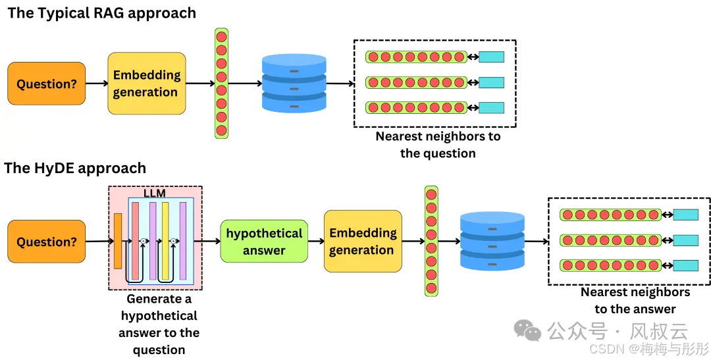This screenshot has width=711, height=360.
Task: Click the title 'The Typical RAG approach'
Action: pyautogui.click(x=102, y=13)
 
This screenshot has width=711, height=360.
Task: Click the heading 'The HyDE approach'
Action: pyautogui.click(x=75, y=168)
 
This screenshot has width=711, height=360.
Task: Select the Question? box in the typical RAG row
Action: pyautogui.click(x=46, y=84)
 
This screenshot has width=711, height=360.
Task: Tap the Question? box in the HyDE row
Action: pyautogui.click(x=46, y=242)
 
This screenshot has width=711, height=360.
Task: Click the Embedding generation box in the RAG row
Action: pyautogui.click(x=146, y=84)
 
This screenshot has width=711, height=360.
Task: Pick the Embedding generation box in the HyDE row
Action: pyautogui.click(x=362, y=242)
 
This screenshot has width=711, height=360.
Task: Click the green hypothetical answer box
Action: pyautogui.click(x=264, y=242)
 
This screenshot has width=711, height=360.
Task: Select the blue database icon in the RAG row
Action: pyautogui.click(x=294, y=84)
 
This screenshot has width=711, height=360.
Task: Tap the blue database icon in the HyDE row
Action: pyautogui.click(x=492, y=241)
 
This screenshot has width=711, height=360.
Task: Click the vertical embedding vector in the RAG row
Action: pyautogui.click(x=221, y=84)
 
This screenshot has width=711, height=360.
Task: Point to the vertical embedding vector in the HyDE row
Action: pyautogui.click(x=431, y=241)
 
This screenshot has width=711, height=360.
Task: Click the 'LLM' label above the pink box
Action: pyautogui.click(x=154, y=193)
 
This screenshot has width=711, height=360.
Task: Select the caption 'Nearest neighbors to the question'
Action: pyautogui.click(x=438, y=145)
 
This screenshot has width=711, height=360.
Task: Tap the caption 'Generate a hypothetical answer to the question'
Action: pyautogui.click(x=159, y=324)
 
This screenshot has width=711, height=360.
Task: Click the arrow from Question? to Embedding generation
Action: pyautogui.click(x=96, y=84)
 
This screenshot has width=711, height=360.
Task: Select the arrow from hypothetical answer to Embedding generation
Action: pyautogui.click(x=316, y=242)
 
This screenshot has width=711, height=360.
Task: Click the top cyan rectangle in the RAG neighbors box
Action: pyautogui.click(x=491, y=57)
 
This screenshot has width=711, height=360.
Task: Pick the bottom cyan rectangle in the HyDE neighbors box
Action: pyautogui.click(x=685, y=265)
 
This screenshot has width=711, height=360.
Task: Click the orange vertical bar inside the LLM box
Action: pyautogui.click(x=118, y=241)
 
